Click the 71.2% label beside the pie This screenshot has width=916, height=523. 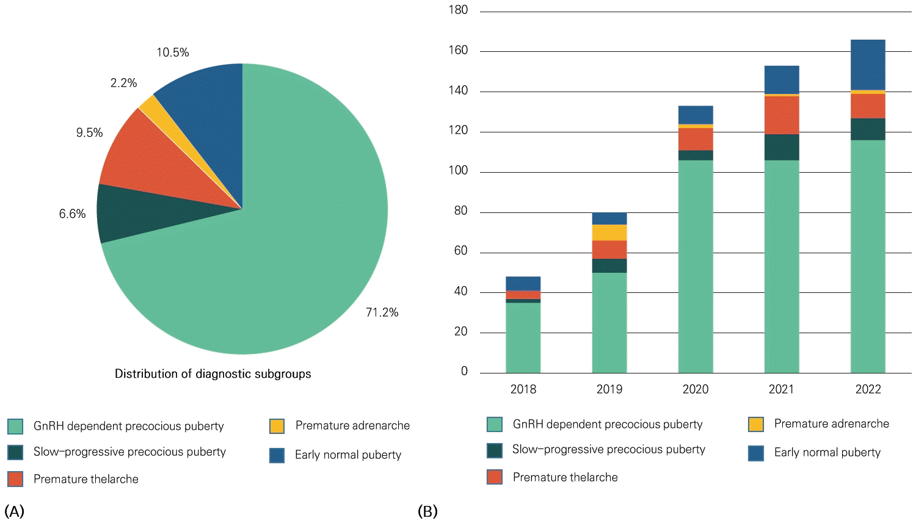[x=382, y=312]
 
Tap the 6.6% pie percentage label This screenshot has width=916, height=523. [x=72, y=214]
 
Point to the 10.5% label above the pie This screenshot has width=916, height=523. [x=172, y=52]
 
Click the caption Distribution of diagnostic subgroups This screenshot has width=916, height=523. [x=213, y=373]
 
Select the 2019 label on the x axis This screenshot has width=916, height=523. [x=609, y=389]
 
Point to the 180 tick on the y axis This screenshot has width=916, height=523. [x=458, y=10]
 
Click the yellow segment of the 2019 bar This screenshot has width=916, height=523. [x=609, y=233]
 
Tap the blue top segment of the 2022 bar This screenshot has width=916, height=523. [x=867, y=65]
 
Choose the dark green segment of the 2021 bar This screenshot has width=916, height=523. [x=781, y=147]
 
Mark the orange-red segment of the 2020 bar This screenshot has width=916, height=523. [x=695, y=139]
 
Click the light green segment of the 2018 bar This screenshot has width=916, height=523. [x=523, y=337]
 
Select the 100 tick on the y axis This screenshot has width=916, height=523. [x=458, y=170]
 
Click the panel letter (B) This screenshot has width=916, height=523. [x=427, y=511]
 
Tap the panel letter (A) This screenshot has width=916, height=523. [x=14, y=511]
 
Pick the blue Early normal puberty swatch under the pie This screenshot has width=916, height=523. [x=277, y=455]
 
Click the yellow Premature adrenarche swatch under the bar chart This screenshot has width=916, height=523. [x=755, y=424]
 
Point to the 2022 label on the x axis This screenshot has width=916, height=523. [x=868, y=389]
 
